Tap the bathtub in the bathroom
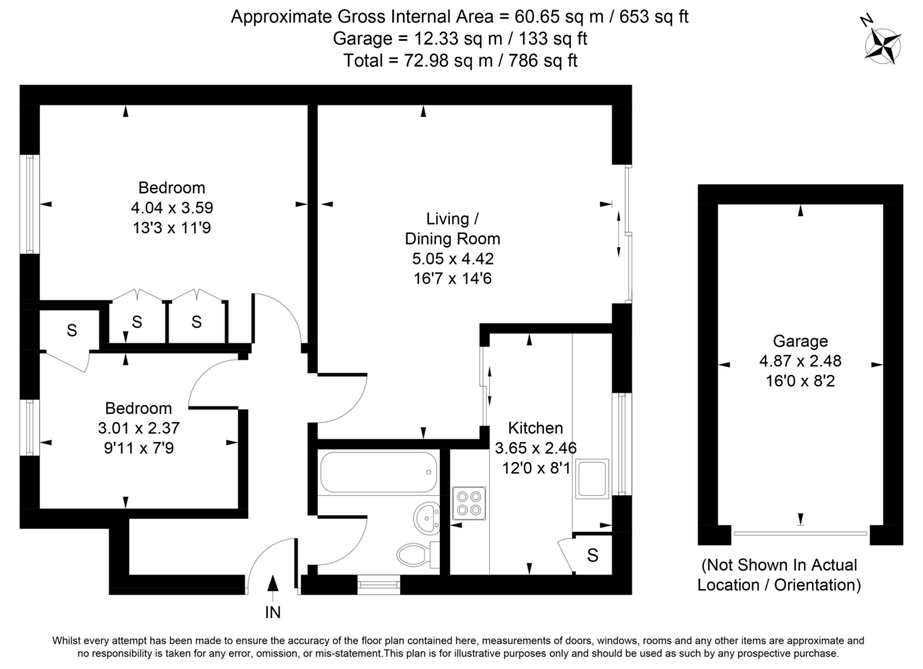378,472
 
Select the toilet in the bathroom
415,553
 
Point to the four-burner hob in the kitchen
468,502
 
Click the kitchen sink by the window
592,478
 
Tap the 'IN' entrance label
273,613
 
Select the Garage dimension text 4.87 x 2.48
801,361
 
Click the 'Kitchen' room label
535,428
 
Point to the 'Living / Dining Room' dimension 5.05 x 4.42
453,258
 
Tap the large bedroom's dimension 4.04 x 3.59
172,207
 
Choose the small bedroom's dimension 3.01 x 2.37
139,427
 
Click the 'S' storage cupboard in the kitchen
592,556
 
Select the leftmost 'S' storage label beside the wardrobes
72,331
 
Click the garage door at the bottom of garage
801,533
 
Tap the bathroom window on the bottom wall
379,586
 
